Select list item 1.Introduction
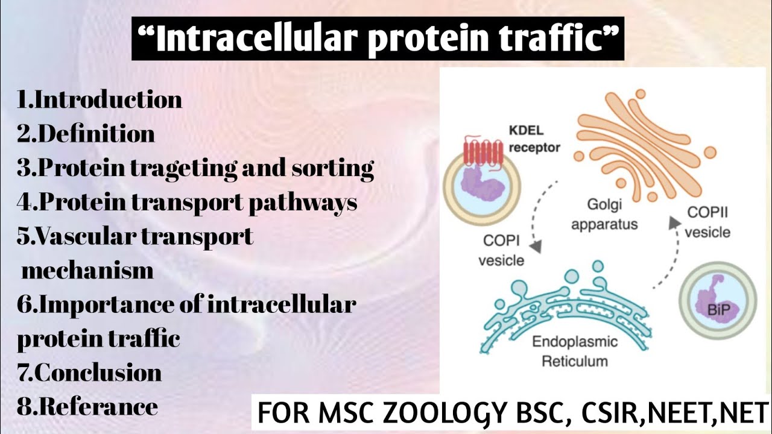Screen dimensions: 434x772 [100, 99]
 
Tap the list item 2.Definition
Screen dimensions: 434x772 [86, 133]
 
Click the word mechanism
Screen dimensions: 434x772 [88, 271]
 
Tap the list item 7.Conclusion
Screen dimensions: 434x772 [89, 373]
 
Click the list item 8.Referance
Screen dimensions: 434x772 [87, 407]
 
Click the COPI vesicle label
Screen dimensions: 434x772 [501, 250]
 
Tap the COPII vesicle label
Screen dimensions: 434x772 [707, 221]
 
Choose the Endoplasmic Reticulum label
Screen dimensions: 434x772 [575, 351]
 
